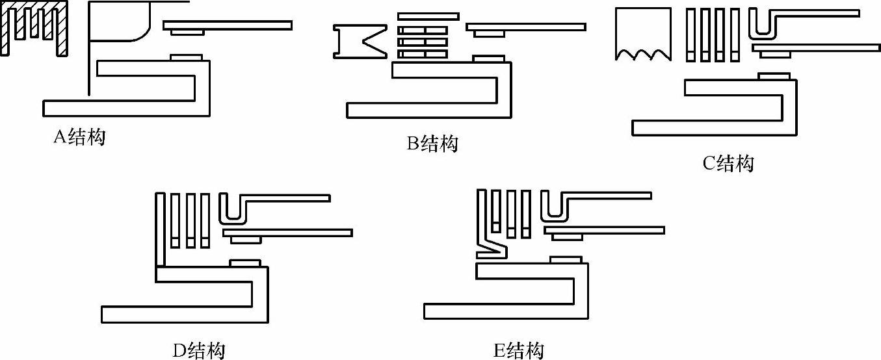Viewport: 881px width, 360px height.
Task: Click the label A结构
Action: [79, 138]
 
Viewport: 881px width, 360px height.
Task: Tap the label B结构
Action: [432, 143]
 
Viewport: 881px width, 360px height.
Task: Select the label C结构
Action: [728, 163]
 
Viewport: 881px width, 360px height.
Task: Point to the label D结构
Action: [199, 351]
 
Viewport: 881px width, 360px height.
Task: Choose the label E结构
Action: [518, 351]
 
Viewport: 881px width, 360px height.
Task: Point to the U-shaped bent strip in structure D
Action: [233, 208]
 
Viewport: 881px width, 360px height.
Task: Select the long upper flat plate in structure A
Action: [227, 25]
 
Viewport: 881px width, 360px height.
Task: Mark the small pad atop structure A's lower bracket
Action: [186, 57]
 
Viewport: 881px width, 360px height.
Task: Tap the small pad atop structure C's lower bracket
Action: [774, 76]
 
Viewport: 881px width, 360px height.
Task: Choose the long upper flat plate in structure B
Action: [525, 27]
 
